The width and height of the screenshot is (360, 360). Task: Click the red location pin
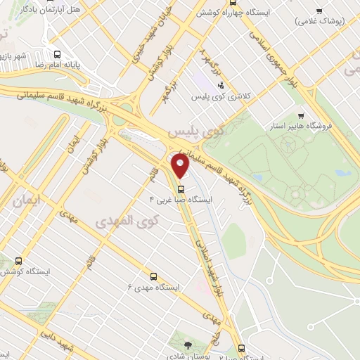[181, 166]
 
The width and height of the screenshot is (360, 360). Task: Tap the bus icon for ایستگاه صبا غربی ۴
[181, 189]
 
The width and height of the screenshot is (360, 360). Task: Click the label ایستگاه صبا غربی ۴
[181, 200]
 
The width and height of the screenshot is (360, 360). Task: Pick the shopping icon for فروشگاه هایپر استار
[301, 117]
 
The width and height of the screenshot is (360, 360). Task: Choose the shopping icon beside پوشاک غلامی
[320, 11]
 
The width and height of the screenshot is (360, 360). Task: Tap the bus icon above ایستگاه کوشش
[18, 259]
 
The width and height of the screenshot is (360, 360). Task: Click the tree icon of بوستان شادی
[188, 345]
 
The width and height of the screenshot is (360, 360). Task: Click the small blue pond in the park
[342, 172]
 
